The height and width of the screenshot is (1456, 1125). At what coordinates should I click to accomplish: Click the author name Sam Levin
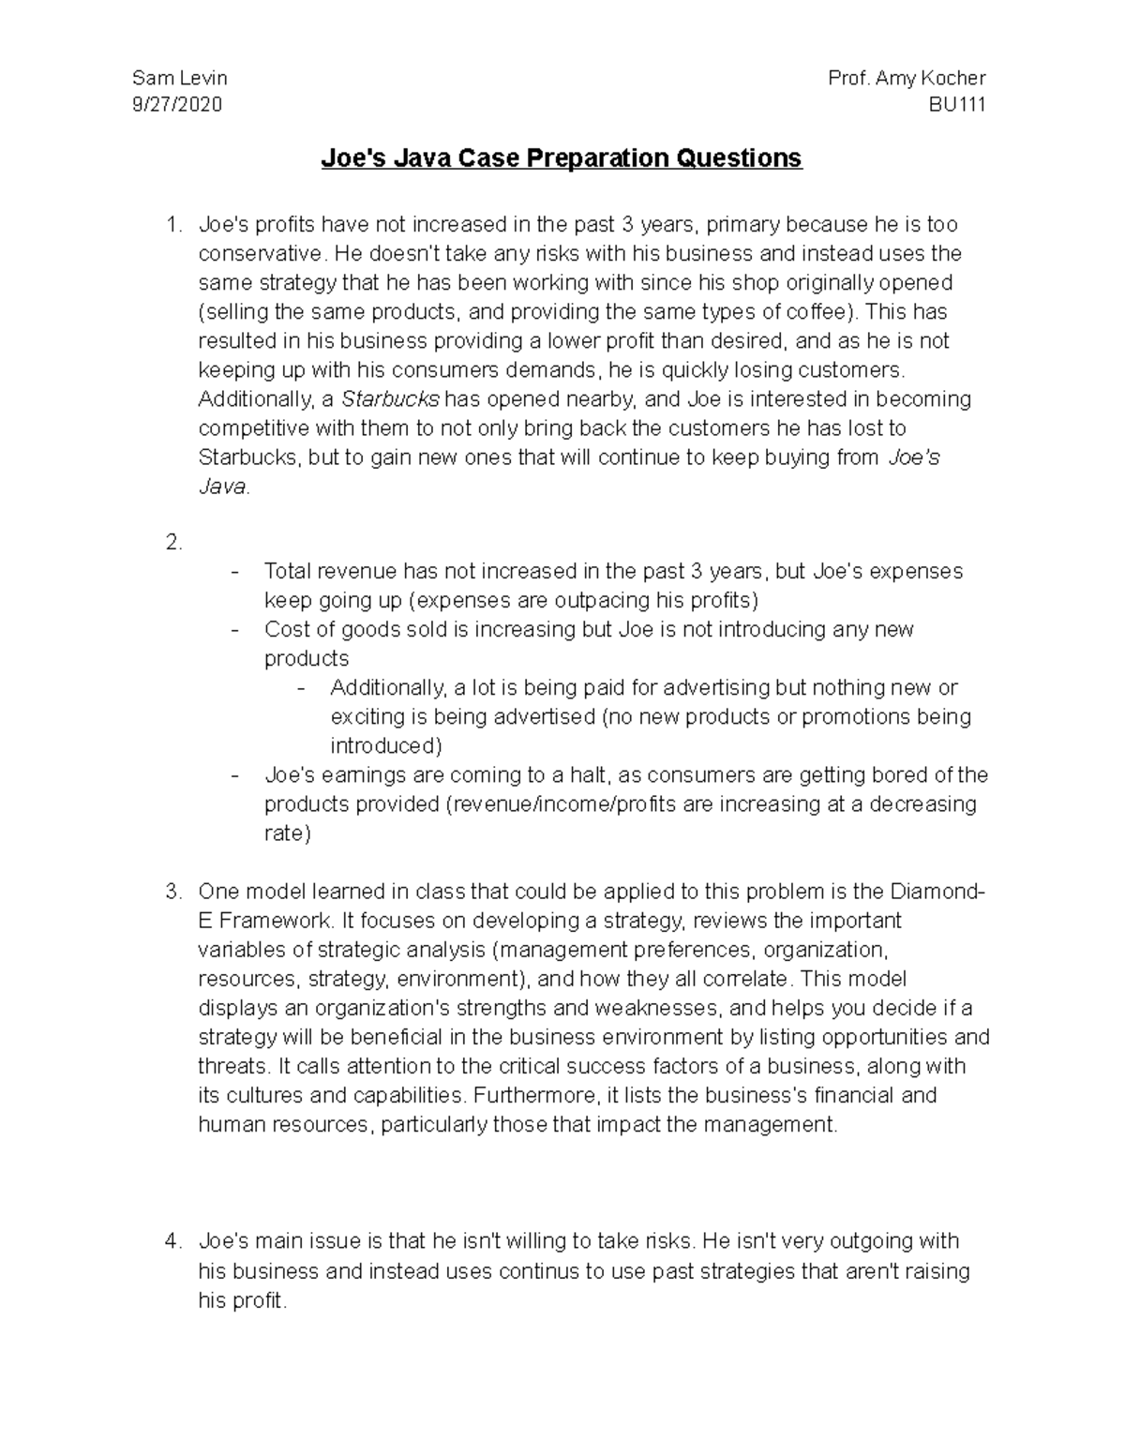coord(180,78)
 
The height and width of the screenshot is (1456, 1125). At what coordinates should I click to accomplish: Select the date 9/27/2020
coord(177,105)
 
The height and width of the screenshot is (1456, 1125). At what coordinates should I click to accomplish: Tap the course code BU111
coord(956,105)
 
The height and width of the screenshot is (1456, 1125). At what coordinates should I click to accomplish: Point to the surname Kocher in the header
coord(951,78)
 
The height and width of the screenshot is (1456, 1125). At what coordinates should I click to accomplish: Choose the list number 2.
coord(172,542)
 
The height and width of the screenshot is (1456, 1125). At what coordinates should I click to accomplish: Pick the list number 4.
coord(172,1241)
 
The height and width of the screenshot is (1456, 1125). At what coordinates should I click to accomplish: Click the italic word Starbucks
coord(390,399)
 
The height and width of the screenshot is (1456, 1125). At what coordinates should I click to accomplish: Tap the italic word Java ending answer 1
coord(222,488)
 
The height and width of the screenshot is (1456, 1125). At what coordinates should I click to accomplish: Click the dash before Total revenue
coord(234,572)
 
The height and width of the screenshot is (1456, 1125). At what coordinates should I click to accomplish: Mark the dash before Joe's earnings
coord(234,776)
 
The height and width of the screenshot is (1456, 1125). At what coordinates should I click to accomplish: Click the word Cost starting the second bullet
coord(285,629)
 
